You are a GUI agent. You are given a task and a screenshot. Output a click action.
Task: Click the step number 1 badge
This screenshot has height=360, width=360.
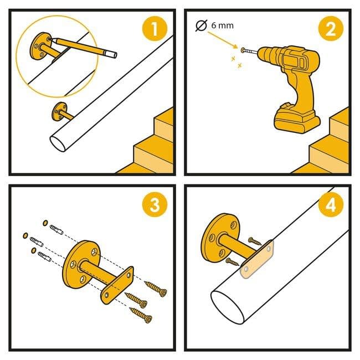pos(155,29)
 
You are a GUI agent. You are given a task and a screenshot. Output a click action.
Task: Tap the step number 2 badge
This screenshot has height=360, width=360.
pos(331,29)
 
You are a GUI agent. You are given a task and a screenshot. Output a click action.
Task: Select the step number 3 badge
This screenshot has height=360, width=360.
pos(155,204)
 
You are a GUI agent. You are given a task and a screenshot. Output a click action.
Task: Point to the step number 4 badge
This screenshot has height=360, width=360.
pos(331,204)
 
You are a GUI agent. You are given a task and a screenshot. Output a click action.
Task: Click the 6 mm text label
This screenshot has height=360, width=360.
pos(222,25)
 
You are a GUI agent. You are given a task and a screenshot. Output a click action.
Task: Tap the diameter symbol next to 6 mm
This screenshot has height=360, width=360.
pos(202,25)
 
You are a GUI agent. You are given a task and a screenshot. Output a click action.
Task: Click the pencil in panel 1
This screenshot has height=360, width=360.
pos(83,48)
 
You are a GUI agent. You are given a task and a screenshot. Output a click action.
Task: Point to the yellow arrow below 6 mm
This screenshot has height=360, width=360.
pos(223,40)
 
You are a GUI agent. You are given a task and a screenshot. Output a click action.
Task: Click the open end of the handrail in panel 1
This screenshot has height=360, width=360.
pos(58,143)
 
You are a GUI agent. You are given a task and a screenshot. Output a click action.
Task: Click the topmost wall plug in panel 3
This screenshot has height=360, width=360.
pos(56,230)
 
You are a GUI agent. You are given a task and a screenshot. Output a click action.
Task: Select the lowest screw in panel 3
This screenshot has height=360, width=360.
pos(141,315)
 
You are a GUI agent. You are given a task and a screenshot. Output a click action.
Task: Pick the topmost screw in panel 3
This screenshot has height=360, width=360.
pos(156,289)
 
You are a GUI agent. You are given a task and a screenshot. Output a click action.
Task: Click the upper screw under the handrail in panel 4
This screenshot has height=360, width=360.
pos(255,241)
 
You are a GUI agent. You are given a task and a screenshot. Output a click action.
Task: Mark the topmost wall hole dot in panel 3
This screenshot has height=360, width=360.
pos(45,223)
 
